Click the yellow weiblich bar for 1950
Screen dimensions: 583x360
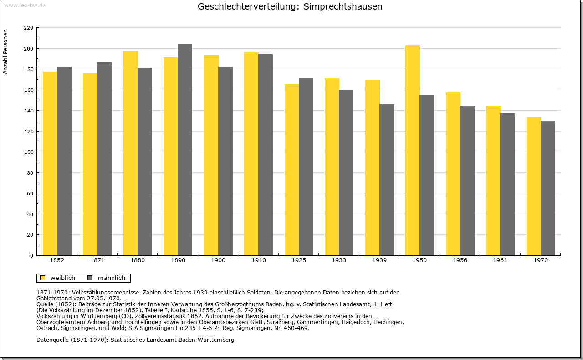tap(413, 150)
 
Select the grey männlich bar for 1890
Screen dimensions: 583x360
tap(185, 150)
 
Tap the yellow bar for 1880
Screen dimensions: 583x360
tap(131, 153)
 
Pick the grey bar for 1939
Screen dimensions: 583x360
tap(387, 180)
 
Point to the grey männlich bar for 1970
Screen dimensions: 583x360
tap(548, 188)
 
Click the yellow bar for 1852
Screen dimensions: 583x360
tap(50, 163)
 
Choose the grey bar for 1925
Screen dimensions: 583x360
tap(306, 167)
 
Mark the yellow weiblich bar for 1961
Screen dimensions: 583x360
tap(493, 181)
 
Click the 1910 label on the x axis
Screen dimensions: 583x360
tap(258, 260)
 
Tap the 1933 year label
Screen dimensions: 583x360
tap(339, 260)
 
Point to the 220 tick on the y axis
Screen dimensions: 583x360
tap(28, 28)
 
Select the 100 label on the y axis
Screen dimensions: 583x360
tap(28, 152)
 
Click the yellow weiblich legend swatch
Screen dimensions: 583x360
tap(43, 278)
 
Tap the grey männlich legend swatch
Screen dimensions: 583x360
tap(90, 278)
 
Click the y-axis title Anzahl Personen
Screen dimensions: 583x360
tap(5, 51)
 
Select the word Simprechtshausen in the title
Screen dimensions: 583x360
tap(343, 6)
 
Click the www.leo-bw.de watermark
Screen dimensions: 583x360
tap(25, 5)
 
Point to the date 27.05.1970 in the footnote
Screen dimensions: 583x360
tap(103, 299)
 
